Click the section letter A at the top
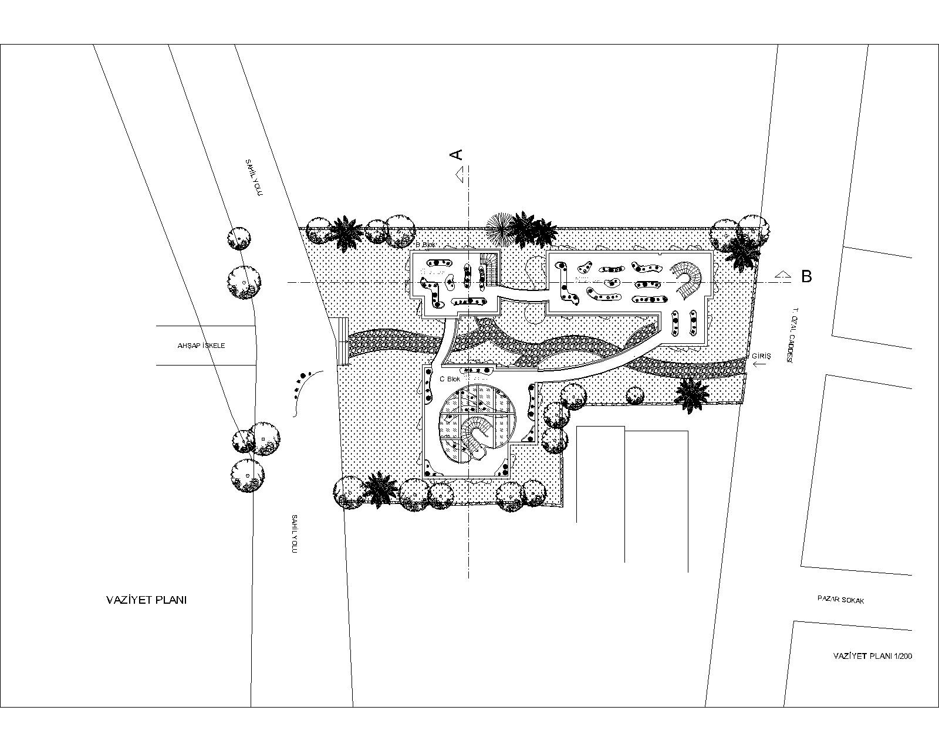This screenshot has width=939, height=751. [456, 154]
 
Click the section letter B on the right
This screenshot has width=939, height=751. [806, 276]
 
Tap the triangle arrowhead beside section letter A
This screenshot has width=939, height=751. [461, 172]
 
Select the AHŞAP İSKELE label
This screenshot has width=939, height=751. [201, 346]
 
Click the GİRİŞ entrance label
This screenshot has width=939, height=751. [761, 356]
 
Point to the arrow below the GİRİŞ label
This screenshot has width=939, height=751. [760, 365]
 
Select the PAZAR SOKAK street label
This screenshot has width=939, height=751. [841, 600]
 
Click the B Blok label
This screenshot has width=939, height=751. [425, 245]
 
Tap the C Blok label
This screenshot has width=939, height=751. [450, 379]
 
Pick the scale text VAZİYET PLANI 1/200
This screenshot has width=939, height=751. [873, 656]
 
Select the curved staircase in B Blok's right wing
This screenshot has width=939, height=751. [689, 280]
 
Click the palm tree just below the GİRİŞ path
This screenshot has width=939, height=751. [691, 393]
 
